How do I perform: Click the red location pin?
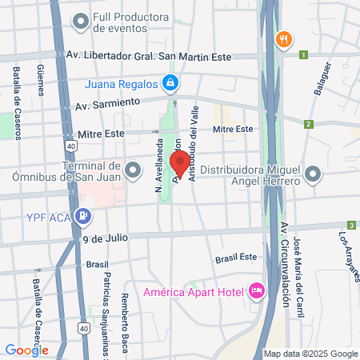pyautogui.click(x=180, y=163)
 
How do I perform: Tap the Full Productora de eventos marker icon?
pyautogui.click(x=80, y=22)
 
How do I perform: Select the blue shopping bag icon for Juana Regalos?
pyautogui.click(x=170, y=82)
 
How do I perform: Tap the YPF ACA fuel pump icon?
pyautogui.click(x=82, y=215)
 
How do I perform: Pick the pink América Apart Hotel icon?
pyautogui.click(x=257, y=290)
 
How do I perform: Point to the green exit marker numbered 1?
pyautogui.click(x=303, y=55)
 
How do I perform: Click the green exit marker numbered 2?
pyautogui.click(x=308, y=124)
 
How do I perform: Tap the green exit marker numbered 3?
pyautogui.click(x=350, y=226)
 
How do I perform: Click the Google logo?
pyautogui.click(x=26, y=350)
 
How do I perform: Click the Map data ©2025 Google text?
pyautogui.click(x=311, y=354)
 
